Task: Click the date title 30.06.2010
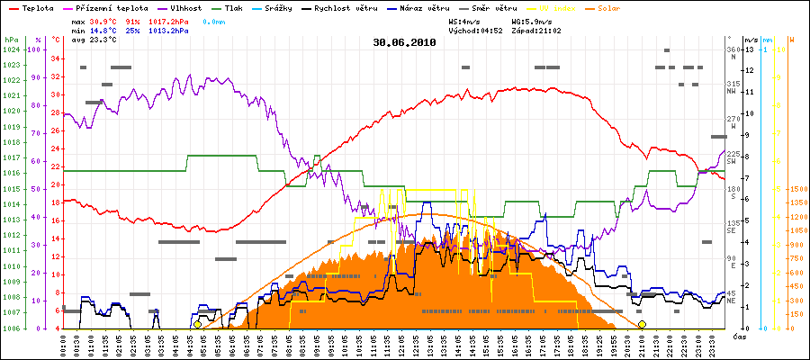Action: [x=405, y=41]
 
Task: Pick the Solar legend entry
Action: [x=623, y=7]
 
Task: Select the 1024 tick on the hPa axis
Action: [x=10, y=50]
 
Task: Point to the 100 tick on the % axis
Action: [x=34, y=50]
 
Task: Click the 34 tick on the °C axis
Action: [x=56, y=59]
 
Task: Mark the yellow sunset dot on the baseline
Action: [x=642, y=324]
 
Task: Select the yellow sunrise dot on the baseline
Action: [x=197, y=324]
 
